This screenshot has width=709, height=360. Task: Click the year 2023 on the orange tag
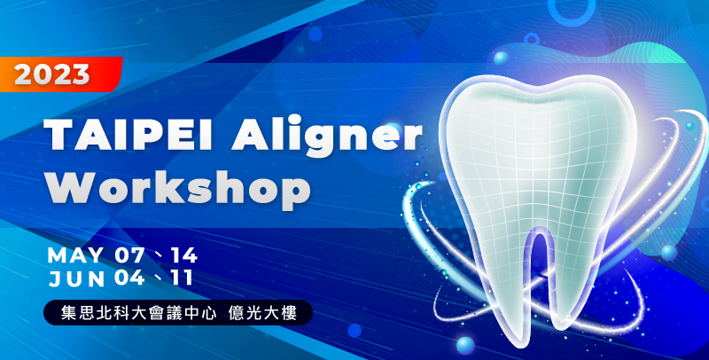(x=51, y=74)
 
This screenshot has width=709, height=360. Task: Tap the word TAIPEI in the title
(x=135, y=135)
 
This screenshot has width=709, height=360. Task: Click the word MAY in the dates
(x=75, y=255)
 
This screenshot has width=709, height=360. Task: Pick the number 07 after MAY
(x=129, y=255)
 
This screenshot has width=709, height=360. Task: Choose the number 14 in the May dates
(x=184, y=255)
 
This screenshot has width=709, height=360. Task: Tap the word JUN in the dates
(x=77, y=278)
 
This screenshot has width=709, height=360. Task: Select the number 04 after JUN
(x=129, y=278)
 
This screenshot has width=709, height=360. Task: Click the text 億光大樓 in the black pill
(x=262, y=313)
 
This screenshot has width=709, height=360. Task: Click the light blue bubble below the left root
(x=465, y=345)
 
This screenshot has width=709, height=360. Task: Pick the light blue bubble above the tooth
(x=501, y=58)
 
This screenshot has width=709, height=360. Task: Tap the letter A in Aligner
(x=249, y=135)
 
